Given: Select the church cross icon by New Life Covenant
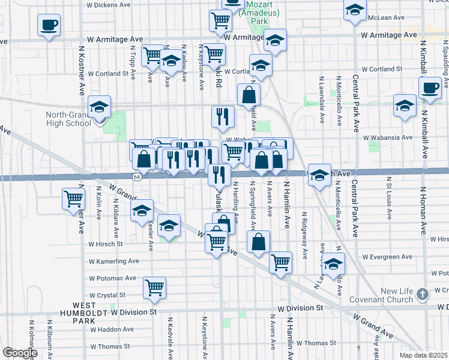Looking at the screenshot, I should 423,294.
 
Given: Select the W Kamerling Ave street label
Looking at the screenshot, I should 113,261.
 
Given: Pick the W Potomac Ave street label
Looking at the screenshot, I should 112,278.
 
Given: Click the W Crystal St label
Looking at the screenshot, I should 107,295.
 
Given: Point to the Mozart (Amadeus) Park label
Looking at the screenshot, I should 259,12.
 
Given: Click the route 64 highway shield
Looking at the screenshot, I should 137,177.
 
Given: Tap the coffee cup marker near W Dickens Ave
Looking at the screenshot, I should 49,25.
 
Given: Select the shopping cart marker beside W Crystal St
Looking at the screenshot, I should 154,287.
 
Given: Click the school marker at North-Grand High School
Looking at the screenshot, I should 99,107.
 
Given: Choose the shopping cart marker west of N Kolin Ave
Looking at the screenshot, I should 73,198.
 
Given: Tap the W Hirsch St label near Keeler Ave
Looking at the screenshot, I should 106,244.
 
